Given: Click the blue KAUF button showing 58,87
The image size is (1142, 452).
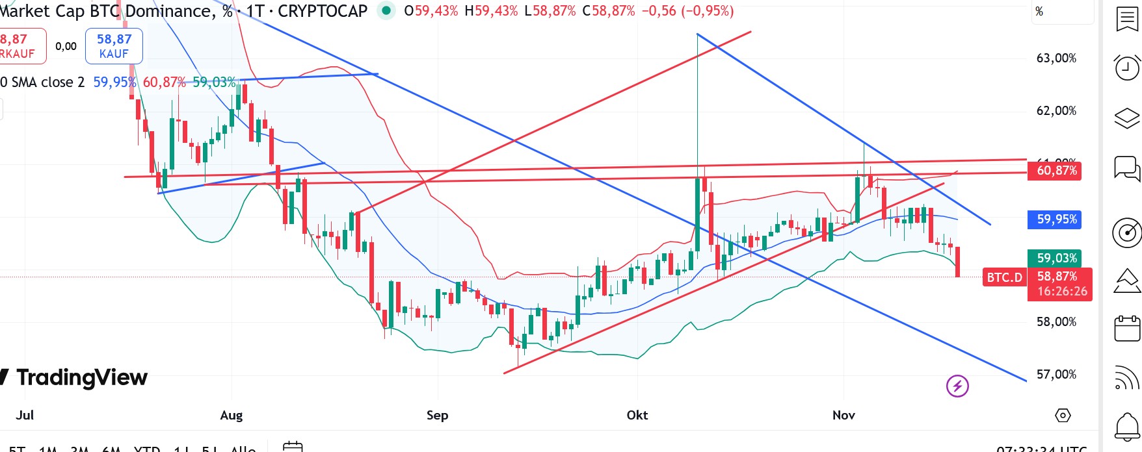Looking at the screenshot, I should click(x=114, y=46).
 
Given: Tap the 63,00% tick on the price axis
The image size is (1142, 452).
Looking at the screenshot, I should click(x=1056, y=58).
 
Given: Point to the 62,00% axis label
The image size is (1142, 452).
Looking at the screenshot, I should click(x=1056, y=111).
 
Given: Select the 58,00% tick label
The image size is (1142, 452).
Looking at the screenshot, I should click(x=1056, y=322).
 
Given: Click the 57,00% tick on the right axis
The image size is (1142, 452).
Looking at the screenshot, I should click(x=1056, y=375).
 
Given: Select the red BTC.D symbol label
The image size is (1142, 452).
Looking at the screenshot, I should click(x=1004, y=278).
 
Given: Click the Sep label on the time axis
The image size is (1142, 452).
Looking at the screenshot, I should click(x=437, y=416).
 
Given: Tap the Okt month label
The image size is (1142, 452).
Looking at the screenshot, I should click(x=637, y=416).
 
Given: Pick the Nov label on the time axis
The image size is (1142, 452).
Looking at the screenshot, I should click(x=843, y=416).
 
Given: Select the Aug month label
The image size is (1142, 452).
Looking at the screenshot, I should click(x=232, y=416).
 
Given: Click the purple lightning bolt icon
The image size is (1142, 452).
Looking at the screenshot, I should click(x=957, y=386).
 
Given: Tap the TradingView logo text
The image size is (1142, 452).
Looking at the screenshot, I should click(x=81, y=377).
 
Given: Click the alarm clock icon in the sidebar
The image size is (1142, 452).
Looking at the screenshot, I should click(x=1127, y=67).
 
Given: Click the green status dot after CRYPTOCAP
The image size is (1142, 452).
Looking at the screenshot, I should click(x=386, y=11).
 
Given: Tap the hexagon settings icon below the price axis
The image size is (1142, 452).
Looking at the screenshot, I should click(x=1063, y=416).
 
